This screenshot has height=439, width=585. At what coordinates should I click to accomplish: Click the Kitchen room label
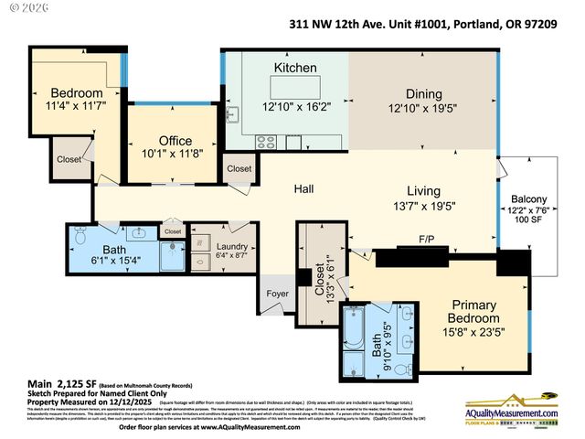tap(294, 68)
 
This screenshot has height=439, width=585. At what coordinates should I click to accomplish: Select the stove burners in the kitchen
tap(267, 141)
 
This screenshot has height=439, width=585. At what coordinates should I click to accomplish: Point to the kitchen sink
tap(231, 114)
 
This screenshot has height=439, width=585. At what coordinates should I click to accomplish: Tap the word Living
tap(423, 191)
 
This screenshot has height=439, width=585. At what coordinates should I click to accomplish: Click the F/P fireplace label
tap(427, 240)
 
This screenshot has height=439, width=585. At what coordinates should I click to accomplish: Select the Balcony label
tap(529, 199)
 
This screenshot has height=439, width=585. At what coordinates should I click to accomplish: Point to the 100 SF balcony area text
tap(529, 220)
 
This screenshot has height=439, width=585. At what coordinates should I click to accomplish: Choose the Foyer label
tap(277, 294)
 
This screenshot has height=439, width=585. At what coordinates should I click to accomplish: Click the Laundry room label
tap(231, 246)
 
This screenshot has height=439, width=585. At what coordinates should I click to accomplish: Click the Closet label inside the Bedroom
tap(69, 158)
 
